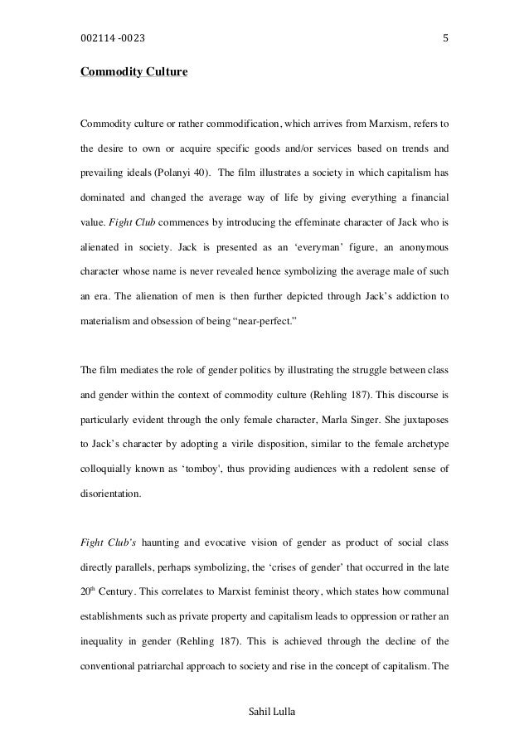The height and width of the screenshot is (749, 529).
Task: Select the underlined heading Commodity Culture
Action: (x=133, y=73)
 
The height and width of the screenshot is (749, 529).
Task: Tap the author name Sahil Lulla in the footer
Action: (x=264, y=711)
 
